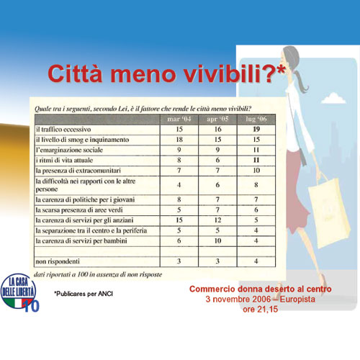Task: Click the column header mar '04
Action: (179, 119)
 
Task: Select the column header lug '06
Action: (256, 119)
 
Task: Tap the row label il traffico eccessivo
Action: (63, 130)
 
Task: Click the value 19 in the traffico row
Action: (256, 130)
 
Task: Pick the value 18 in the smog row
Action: (179, 140)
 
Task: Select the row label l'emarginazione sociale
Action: (69, 150)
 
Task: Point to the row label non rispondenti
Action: (58, 261)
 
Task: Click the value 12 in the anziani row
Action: (217, 220)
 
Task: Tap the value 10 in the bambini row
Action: (217, 240)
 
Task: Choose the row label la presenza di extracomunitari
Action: (78, 171)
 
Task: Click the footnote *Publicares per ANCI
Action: (84, 294)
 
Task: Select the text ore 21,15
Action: (261, 310)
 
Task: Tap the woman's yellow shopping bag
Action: (329, 214)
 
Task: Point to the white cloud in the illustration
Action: (333, 99)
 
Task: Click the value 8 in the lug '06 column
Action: (256, 185)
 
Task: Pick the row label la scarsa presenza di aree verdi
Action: (79, 210)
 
